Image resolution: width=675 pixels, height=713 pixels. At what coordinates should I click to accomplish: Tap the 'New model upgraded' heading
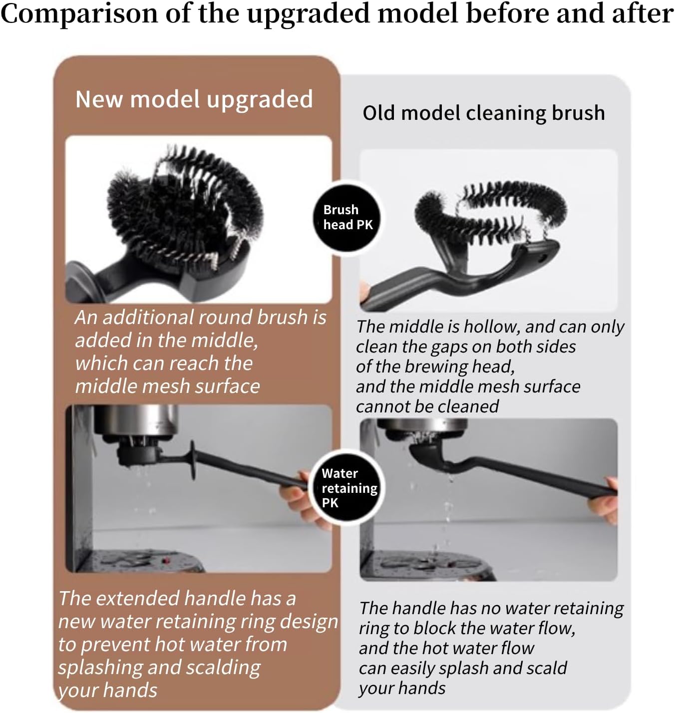tap(194, 99)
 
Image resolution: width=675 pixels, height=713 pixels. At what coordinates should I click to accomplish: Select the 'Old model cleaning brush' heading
tap(483, 113)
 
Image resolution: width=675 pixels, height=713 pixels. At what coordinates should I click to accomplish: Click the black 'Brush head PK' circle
tap(347, 217)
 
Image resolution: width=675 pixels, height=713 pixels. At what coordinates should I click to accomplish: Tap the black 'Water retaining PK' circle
tap(348, 487)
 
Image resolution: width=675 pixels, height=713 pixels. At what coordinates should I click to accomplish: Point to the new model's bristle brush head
tap(185, 210)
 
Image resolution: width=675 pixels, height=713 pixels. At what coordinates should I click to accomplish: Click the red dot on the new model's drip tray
tap(166, 561)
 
